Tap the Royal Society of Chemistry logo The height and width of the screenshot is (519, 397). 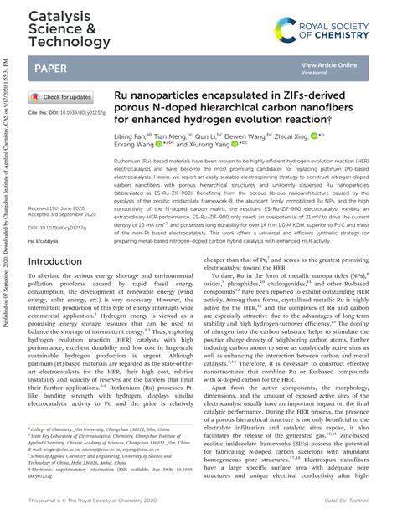[332, 33]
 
